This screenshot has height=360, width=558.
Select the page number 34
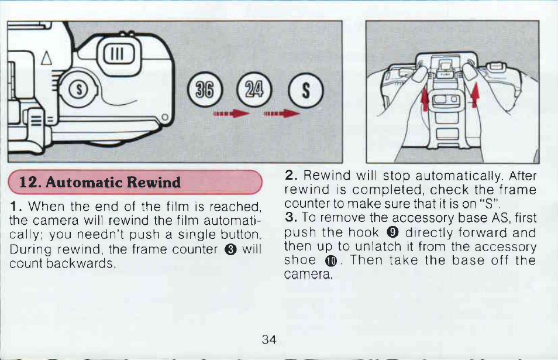click(x=269, y=340)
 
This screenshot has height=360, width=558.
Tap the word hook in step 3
click(x=367, y=232)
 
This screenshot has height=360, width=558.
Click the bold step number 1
click(x=13, y=207)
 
